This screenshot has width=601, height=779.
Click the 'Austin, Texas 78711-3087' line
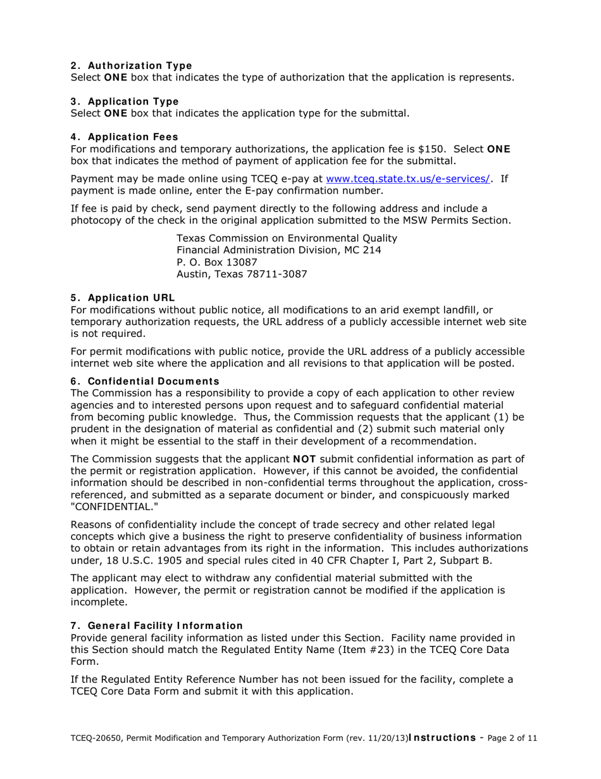coord(242,274)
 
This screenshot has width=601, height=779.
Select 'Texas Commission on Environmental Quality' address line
coord(287,238)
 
